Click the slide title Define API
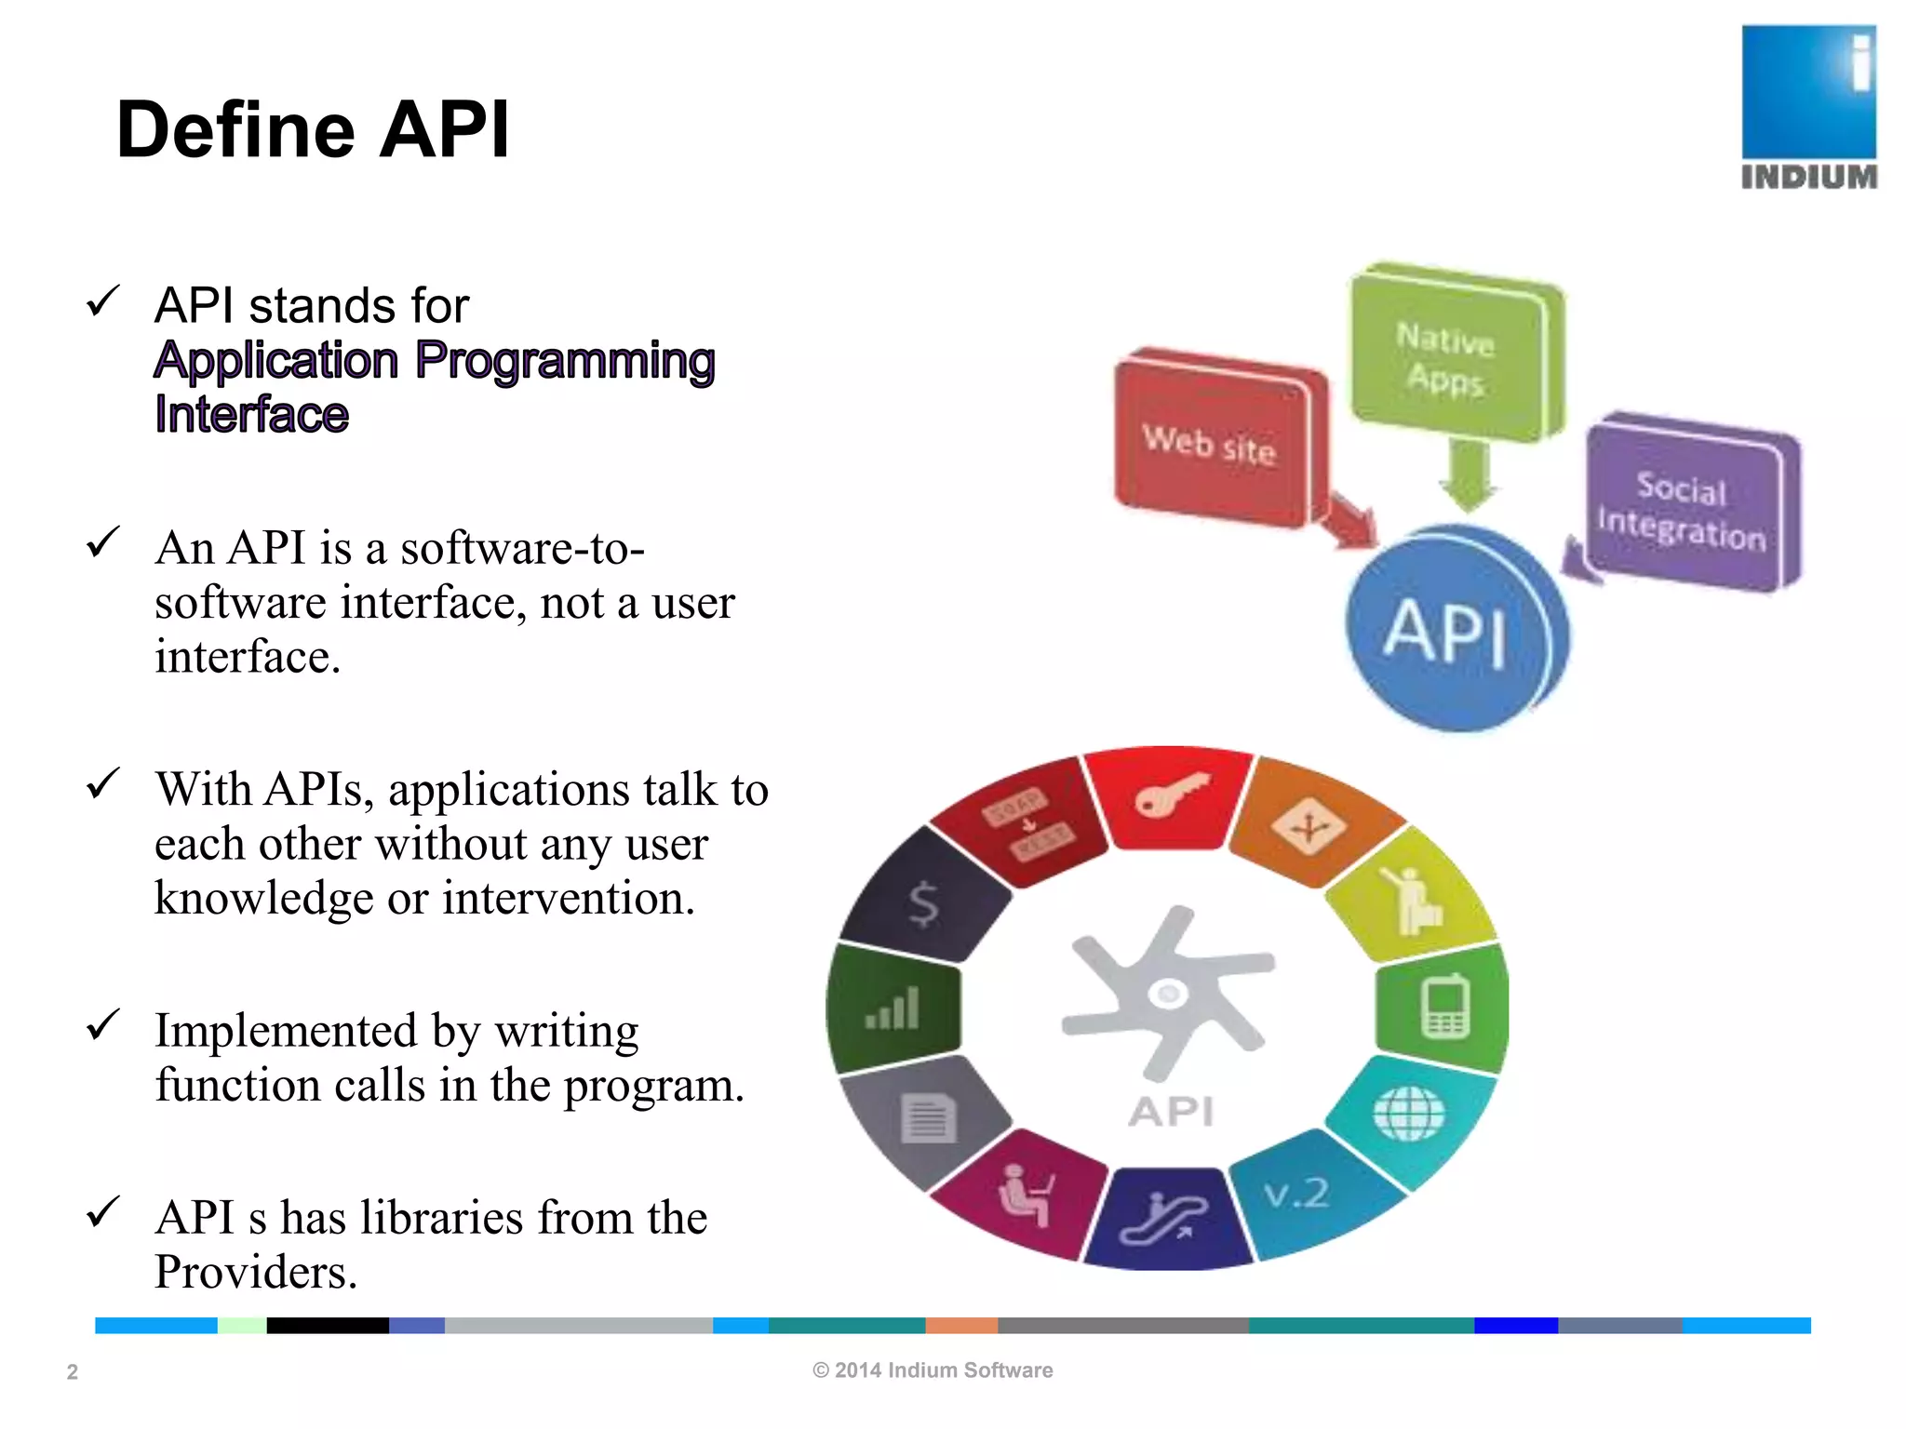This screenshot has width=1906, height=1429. tap(313, 130)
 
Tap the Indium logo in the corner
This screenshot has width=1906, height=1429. tap(1808, 107)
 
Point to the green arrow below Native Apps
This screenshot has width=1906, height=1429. tap(1468, 475)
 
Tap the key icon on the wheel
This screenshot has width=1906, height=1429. tap(1171, 795)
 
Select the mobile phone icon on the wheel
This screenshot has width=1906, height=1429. tap(1445, 1007)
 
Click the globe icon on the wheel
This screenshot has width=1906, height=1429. tap(1409, 1113)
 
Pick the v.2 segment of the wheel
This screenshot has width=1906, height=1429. tap(1296, 1194)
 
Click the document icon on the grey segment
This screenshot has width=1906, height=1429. tap(928, 1117)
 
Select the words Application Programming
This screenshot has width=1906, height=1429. tap(435, 361)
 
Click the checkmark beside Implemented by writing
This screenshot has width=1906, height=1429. tap(102, 1025)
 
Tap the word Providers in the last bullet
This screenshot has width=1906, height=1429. tap(256, 1272)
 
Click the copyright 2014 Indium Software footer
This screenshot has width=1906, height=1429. tap(933, 1370)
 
